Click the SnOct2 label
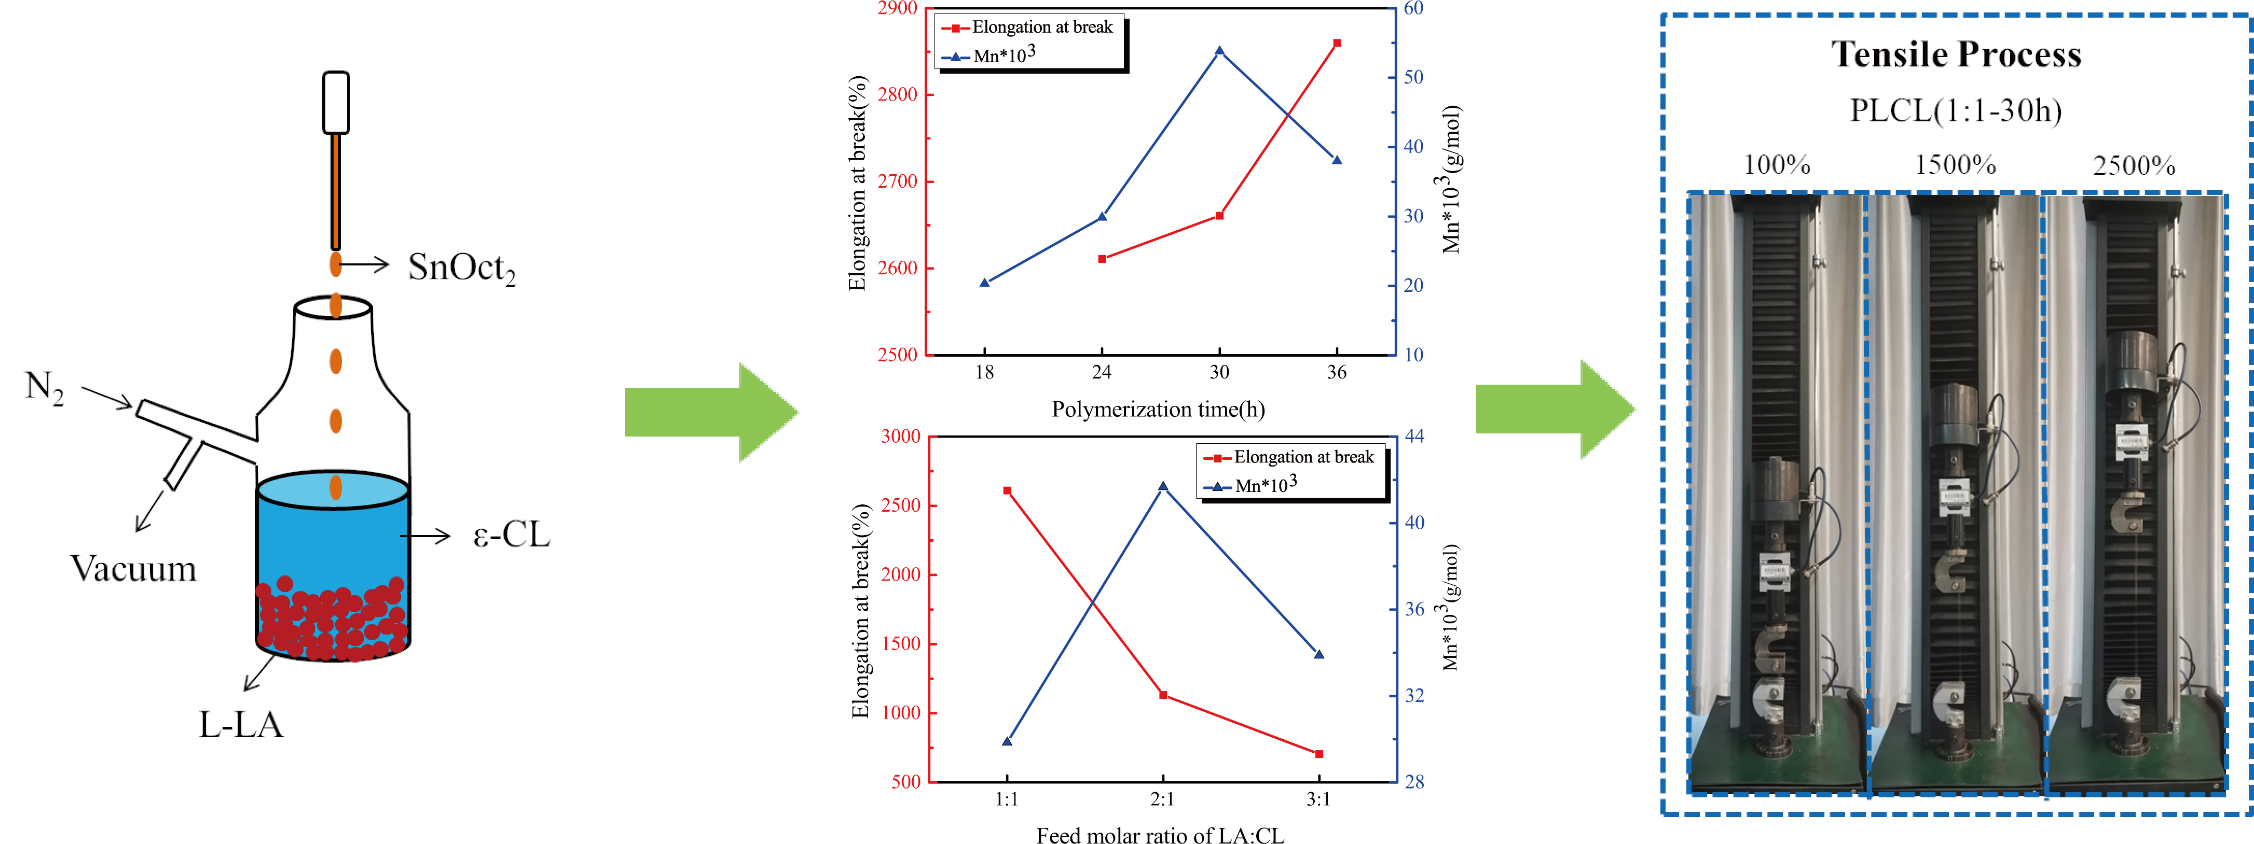coord(461,268)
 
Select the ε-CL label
coord(511,534)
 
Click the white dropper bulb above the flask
coord(336,102)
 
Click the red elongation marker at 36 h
coord(1336,43)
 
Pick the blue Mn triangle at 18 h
coord(984,283)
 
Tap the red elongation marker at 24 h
coord(1102,259)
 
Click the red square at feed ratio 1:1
coord(1007,490)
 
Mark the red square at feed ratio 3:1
coord(1318,753)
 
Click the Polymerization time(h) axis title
coord(1158,410)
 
